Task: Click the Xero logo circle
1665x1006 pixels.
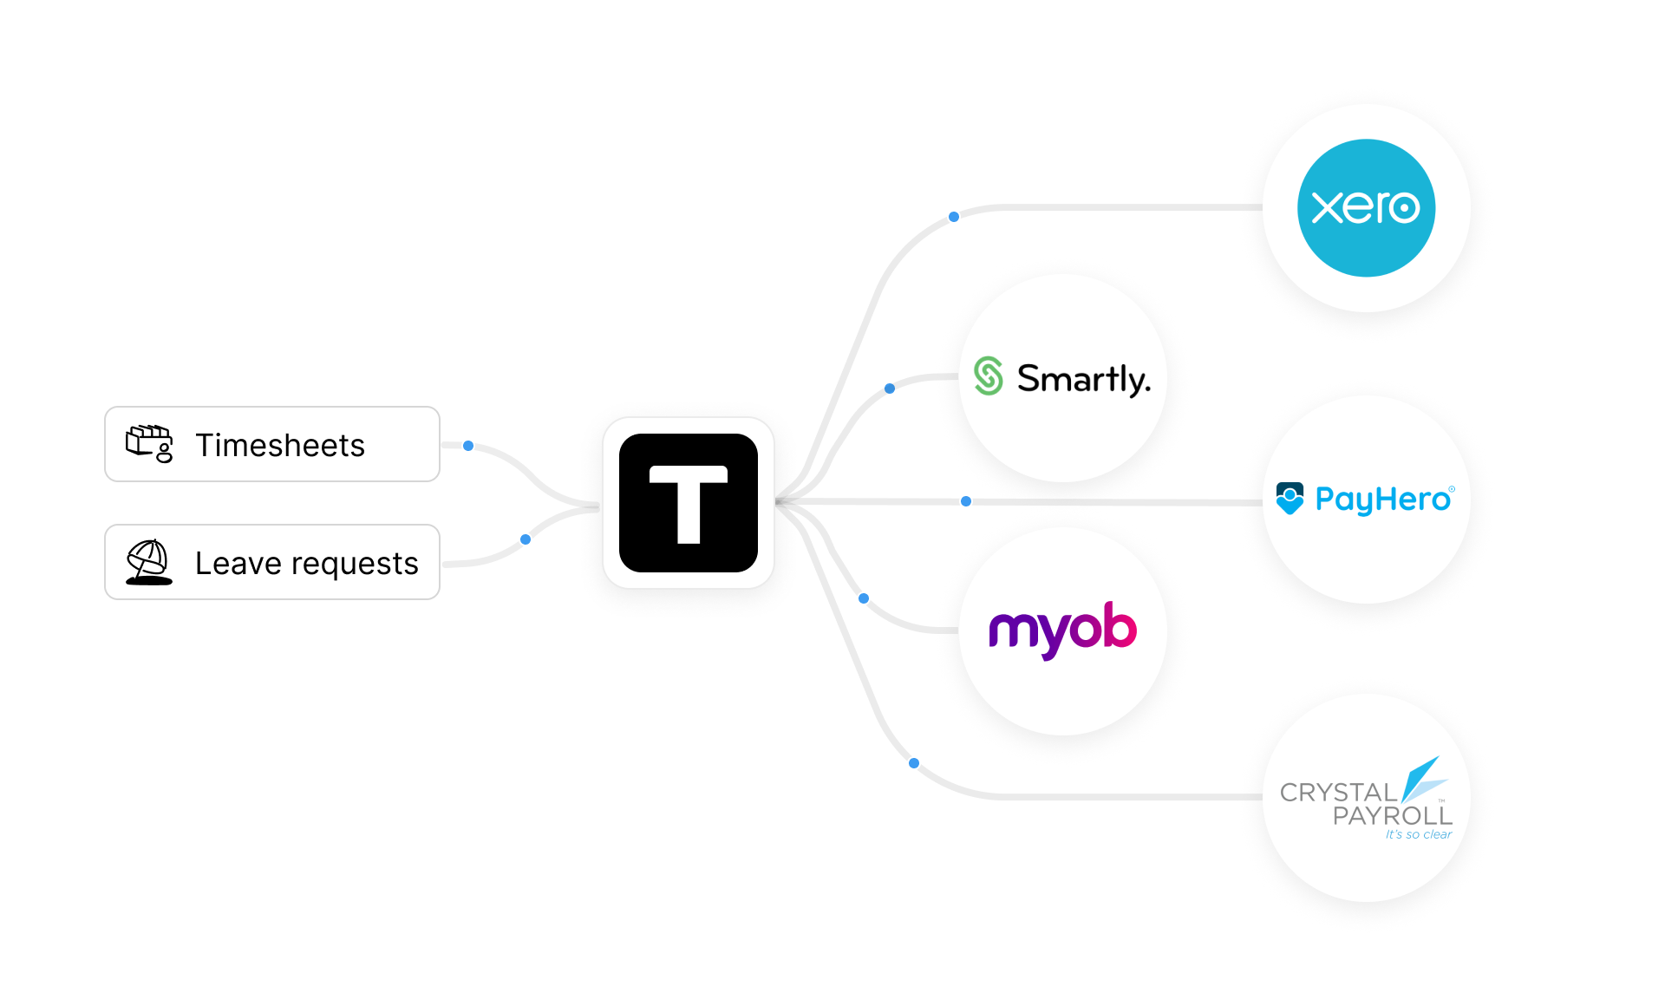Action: [x=1366, y=208]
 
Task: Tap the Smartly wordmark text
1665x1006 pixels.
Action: [x=1083, y=379]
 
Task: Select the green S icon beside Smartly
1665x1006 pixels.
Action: [x=989, y=376]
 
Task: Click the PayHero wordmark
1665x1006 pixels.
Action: [x=1383, y=500]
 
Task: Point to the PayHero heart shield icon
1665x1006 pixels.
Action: [x=1290, y=499]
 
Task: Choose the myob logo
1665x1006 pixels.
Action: [x=1062, y=629]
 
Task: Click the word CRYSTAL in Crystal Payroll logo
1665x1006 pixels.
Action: [x=1338, y=792]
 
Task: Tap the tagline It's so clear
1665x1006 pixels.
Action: [x=1418, y=834]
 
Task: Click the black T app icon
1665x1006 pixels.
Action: [x=689, y=503]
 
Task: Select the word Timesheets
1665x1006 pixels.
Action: [x=280, y=445]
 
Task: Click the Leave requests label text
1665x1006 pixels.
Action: [x=306, y=563]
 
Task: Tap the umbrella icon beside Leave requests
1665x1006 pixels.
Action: [x=149, y=562]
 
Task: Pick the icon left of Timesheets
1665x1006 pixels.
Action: [x=149, y=444]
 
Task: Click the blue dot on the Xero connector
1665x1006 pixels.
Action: [x=954, y=217]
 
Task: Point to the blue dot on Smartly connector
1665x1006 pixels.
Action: [x=890, y=389]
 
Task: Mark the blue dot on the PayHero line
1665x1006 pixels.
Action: [x=966, y=501]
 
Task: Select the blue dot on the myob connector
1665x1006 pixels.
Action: [x=864, y=598]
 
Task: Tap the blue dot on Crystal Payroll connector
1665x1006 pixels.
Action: [x=914, y=763]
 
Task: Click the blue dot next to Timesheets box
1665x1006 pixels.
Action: [x=468, y=446]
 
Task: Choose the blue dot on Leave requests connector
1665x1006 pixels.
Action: [x=526, y=539]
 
